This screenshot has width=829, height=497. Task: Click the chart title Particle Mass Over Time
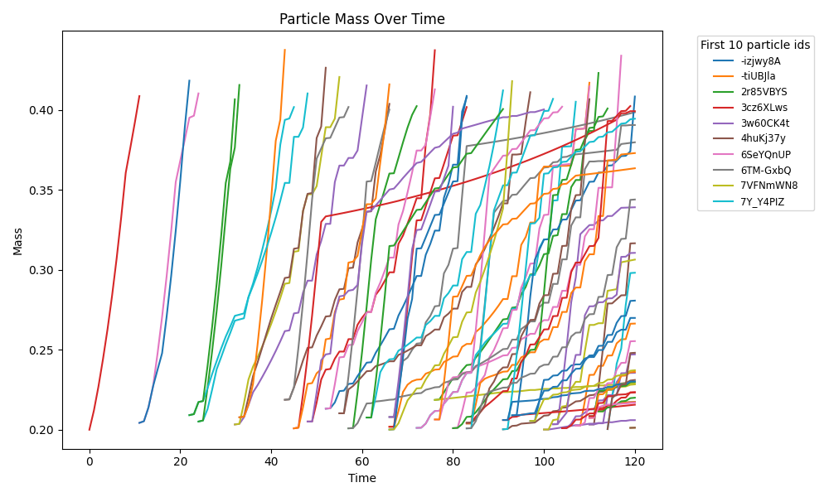click(x=361, y=19)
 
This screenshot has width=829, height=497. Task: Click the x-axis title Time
click(x=361, y=478)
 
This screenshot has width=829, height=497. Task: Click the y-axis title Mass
click(x=17, y=240)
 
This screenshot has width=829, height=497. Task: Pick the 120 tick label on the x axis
click(x=635, y=461)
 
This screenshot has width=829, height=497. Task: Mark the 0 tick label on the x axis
click(x=90, y=461)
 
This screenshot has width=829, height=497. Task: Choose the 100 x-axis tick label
click(x=544, y=461)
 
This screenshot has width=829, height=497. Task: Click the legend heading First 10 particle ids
click(x=755, y=44)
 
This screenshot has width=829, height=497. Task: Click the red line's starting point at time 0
click(x=90, y=430)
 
